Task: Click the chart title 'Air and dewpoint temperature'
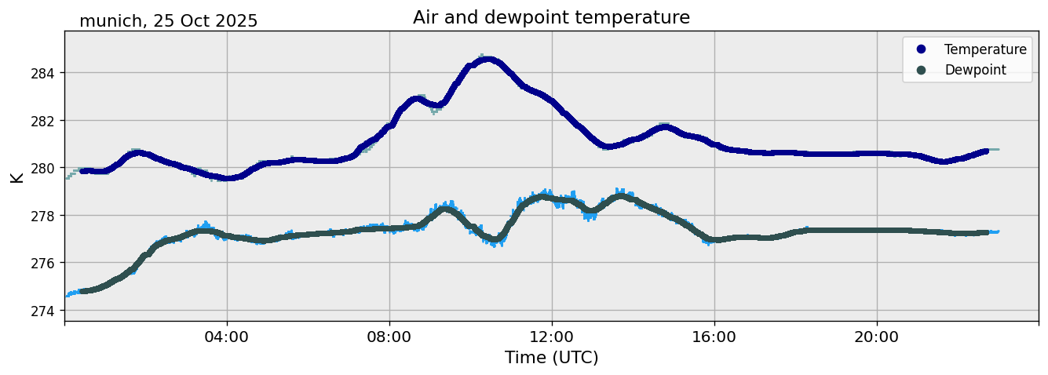pos(551,17)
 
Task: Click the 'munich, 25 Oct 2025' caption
pos(168,21)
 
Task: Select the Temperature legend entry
pos(985,49)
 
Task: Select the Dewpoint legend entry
pos(975,70)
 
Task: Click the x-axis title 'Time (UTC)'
pos(551,358)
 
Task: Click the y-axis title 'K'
pos(16,177)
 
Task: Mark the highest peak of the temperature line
pos(487,59)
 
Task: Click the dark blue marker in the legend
pos(921,49)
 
